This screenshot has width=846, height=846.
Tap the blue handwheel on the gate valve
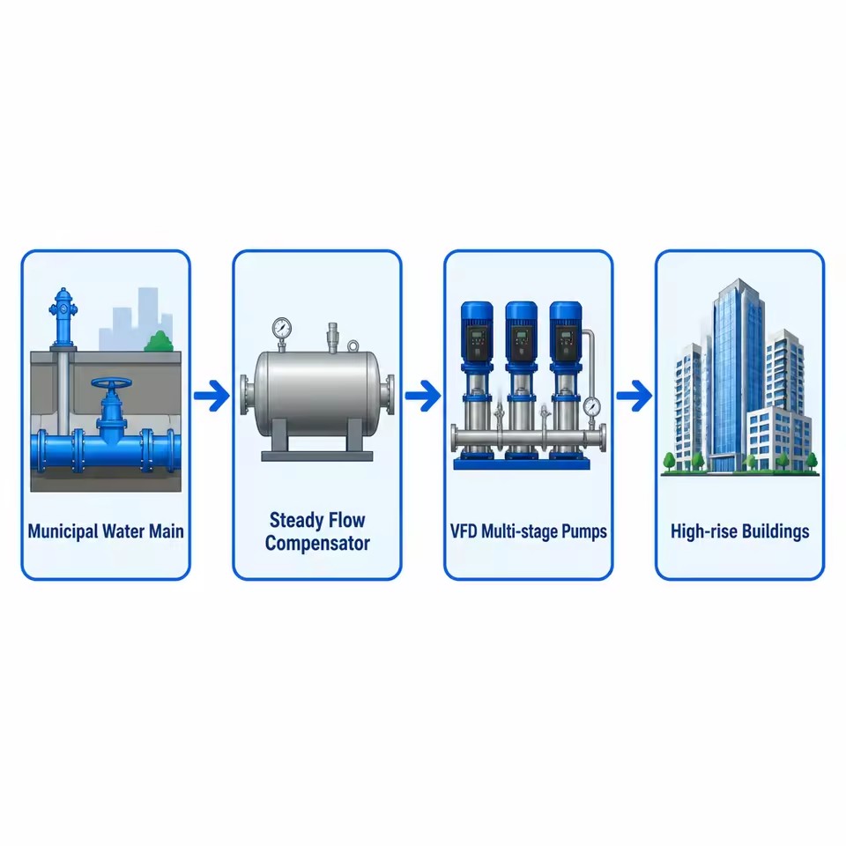click(x=111, y=384)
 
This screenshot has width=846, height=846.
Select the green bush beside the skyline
click(x=159, y=341)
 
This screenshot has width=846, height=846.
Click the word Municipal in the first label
click(x=63, y=531)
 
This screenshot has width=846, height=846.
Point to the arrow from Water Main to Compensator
click(x=211, y=396)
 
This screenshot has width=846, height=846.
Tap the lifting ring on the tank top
click(x=352, y=345)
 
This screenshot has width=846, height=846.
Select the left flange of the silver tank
click(x=246, y=395)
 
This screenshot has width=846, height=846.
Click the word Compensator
click(x=317, y=544)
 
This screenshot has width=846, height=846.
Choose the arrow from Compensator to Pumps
click(x=423, y=396)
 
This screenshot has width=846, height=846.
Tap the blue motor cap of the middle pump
click(x=521, y=315)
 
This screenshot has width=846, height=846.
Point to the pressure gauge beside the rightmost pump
click(x=591, y=405)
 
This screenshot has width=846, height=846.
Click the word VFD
click(x=464, y=531)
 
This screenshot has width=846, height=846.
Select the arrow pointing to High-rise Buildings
click(x=634, y=396)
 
